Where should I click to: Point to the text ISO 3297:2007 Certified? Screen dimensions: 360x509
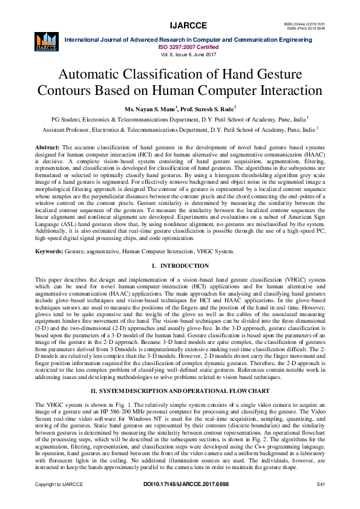188,46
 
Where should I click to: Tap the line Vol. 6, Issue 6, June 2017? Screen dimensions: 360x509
188,53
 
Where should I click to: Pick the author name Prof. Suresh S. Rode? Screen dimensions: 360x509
208,109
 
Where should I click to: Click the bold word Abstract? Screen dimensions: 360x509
47,148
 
